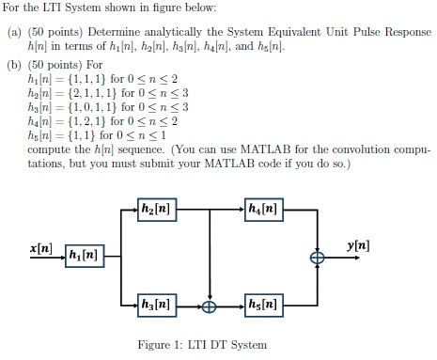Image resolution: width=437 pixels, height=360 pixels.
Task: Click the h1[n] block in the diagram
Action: point(84,255)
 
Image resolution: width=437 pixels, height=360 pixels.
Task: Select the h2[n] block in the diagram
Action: point(158,209)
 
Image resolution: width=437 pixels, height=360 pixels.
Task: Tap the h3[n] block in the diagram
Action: point(158,305)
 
